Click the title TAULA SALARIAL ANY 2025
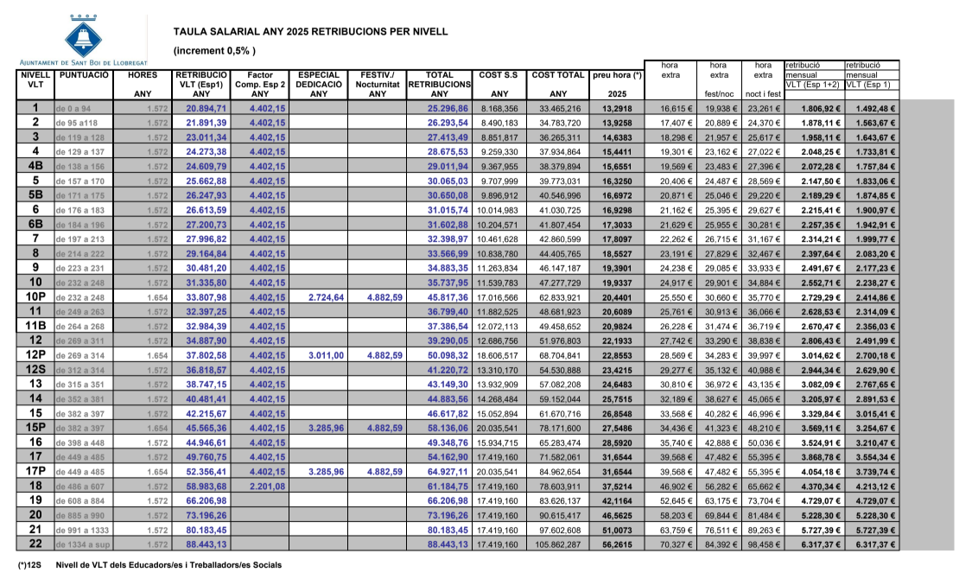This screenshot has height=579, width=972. click(310, 31)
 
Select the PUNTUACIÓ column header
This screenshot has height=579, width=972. click(84, 75)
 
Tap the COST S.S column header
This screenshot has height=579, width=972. click(498, 75)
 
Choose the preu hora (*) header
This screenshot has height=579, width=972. click(617, 75)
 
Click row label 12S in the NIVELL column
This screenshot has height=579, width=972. click(35, 369)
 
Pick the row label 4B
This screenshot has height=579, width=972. click(35, 166)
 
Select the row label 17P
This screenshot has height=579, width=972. click(35, 471)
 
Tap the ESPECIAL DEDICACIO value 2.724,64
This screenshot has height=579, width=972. click(320, 296)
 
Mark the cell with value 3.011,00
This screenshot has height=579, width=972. click(320, 355)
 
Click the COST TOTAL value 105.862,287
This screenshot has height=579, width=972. click(557, 544)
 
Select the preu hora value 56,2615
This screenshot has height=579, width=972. click(617, 544)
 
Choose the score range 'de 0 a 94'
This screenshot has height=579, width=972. click(73, 109)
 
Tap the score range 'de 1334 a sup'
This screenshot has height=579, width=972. click(83, 544)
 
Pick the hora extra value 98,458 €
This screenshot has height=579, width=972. click(765, 544)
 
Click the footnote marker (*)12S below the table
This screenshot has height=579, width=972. click(32, 564)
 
